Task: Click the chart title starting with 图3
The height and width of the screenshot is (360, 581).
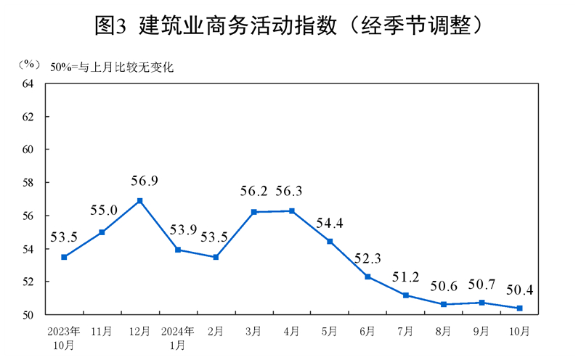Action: [290, 26]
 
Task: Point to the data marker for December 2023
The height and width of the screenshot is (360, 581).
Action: [139, 200]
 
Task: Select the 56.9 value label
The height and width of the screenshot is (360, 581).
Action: [139, 181]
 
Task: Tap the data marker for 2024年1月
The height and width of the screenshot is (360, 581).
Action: [178, 250]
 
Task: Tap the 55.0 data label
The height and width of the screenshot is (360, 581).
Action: [102, 211]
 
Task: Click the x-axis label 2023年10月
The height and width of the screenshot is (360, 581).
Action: [64, 337]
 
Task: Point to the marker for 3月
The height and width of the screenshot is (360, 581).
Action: [254, 212]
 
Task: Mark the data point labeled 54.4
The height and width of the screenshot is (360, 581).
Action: [330, 241]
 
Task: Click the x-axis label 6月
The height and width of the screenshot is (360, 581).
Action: [367, 331]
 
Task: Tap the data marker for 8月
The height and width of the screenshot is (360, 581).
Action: [444, 304]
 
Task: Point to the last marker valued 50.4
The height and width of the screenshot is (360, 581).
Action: [519, 308]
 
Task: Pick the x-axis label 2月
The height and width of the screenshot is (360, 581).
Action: [216, 331]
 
